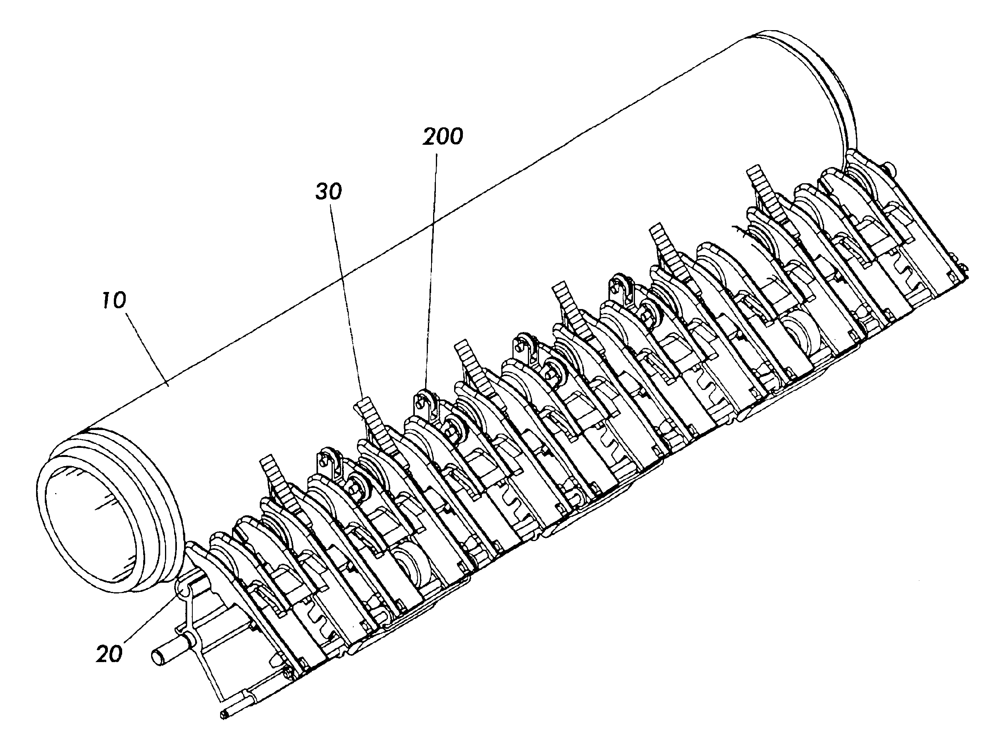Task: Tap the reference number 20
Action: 109,653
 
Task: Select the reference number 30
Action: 328,192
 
